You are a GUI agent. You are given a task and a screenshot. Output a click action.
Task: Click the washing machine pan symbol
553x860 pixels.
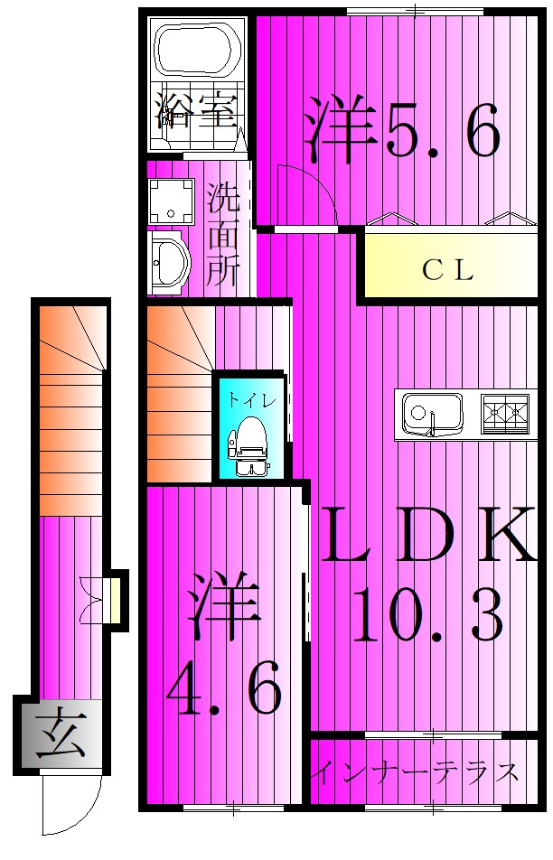171,200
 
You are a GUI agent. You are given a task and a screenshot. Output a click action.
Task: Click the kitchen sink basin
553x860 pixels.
428,415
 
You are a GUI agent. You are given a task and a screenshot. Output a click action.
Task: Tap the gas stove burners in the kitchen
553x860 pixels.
504,413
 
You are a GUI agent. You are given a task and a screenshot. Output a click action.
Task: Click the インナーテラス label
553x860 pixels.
418,772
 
